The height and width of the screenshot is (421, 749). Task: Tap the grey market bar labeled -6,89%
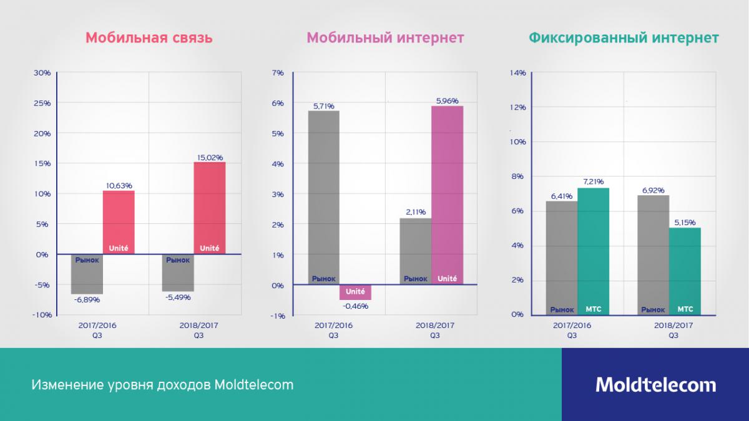click(87, 274)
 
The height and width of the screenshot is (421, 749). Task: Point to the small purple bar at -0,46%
click(355, 292)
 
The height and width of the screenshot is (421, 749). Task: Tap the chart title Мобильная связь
click(149, 38)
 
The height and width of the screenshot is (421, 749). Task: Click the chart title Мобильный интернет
click(385, 38)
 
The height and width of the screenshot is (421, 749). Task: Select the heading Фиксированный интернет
click(624, 38)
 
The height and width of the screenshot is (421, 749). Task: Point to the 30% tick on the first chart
click(42, 72)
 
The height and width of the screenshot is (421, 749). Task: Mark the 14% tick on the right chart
click(517, 72)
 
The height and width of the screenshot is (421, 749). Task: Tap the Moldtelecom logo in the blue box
click(655, 384)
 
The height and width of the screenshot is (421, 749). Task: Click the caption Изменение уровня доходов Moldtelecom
click(162, 385)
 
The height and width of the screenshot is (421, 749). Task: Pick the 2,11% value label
click(414, 212)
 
